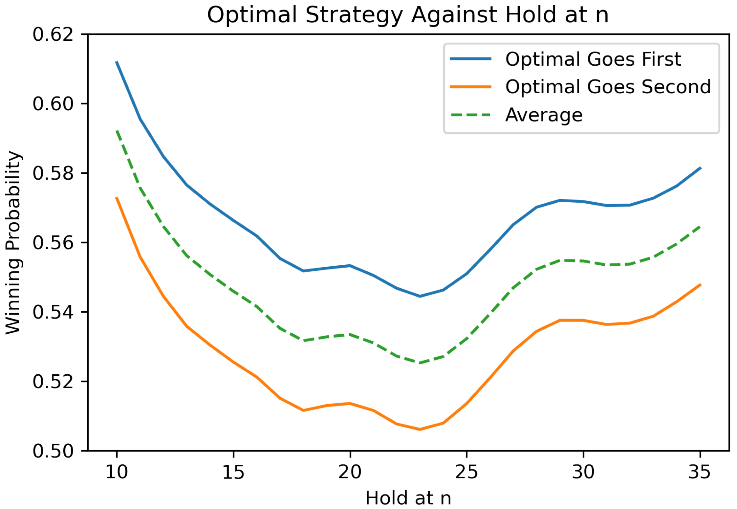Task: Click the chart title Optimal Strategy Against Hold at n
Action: pos(407,15)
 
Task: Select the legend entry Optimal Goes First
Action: pos(593,59)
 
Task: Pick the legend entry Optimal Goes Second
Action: pos(608,87)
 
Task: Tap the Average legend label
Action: pos(544,115)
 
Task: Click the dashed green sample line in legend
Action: pos(470,115)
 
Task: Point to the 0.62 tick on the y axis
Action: pos(53,34)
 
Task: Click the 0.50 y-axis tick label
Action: pos(53,451)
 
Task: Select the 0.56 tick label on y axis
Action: pos(53,243)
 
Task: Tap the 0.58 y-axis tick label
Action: pos(53,173)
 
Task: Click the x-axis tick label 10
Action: pos(117,472)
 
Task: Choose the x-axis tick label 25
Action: pos(466,472)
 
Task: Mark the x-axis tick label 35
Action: pos(700,472)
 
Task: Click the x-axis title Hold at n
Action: pos(408,498)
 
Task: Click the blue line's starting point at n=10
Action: pos(117,62)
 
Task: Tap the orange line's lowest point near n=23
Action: pos(420,430)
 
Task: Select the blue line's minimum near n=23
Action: pos(420,296)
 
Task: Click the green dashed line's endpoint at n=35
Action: pos(700,227)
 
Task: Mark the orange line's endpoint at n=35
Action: pos(700,284)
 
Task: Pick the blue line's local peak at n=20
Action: pos(350,265)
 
